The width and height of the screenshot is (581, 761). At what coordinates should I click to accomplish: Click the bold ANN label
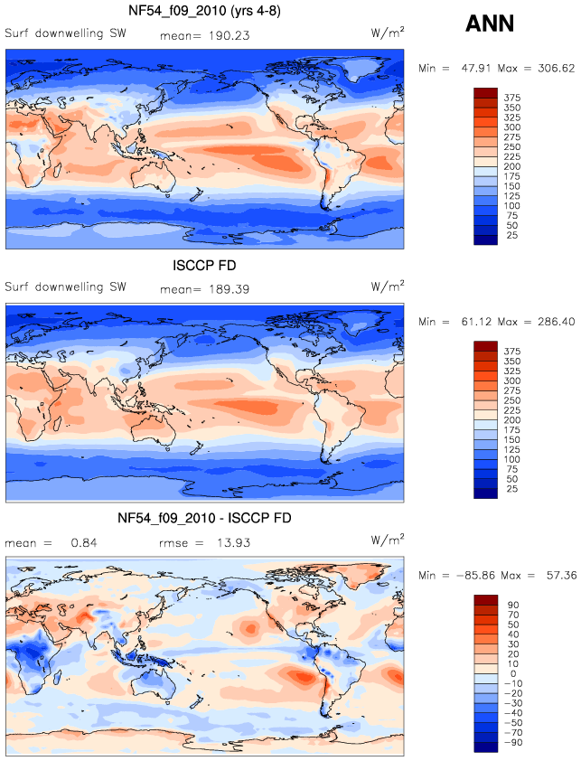[x=489, y=23]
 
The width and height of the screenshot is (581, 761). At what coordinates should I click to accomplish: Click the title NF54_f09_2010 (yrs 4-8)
[x=204, y=11]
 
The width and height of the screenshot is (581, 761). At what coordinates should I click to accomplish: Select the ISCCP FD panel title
[x=204, y=266]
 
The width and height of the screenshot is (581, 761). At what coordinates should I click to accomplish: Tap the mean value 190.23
[x=230, y=36]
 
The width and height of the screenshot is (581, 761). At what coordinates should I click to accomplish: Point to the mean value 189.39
[x=230, y=289]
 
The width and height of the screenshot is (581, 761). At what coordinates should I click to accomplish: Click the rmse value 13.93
[x=233, y=542]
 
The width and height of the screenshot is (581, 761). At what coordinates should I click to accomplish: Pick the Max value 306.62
[x=557, y=69]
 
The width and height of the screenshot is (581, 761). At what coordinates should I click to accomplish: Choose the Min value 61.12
[x=475, y=322]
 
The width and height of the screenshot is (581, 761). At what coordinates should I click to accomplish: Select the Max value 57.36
[x=562, y=576]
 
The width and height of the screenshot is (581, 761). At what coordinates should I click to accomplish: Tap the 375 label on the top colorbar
[x=512, y=98]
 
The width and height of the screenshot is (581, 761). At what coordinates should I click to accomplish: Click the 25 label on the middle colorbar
[x=512, y=489]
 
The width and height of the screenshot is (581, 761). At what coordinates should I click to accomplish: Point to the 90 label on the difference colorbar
[x=513, y=606]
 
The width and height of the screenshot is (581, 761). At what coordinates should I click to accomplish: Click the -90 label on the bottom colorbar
[x=513, y=743]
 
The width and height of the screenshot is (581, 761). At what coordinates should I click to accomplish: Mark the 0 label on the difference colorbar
[x=513, y=673]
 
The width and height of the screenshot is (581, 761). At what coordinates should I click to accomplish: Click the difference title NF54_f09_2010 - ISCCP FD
[x=204, y=519]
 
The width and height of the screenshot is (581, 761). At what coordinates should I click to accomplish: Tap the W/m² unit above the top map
[x=388, y=33]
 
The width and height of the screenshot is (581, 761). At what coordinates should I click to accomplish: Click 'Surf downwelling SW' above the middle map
[x=66, y=287]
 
